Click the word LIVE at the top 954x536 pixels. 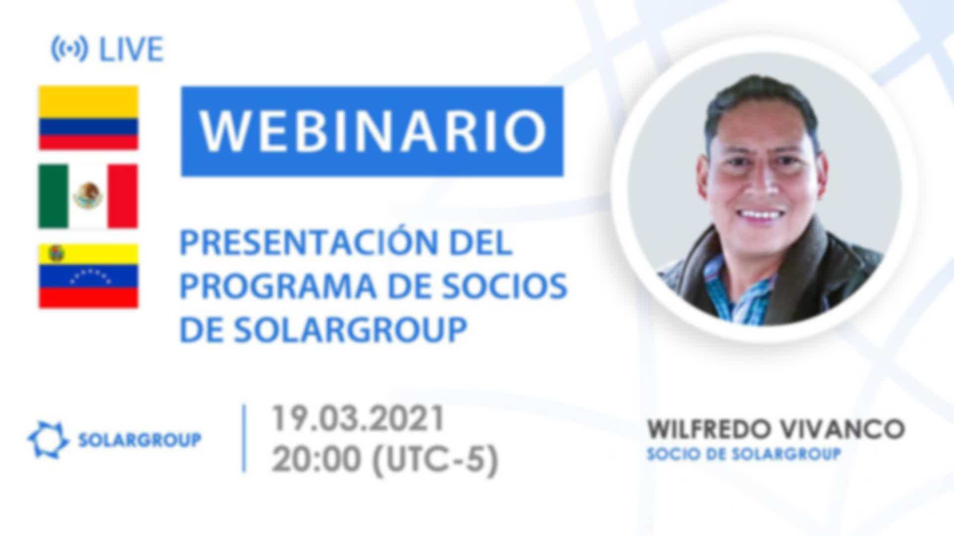click(x=132, y=49)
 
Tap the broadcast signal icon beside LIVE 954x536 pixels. click(x=70, y=49)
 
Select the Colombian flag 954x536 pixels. click(x=88, y=118)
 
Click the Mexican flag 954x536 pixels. click(x=88, y=197)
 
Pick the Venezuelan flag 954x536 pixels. click(x=88, y=275)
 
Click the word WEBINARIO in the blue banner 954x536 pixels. click(x=373, y=131)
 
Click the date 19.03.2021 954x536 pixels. click(x=357, y=419)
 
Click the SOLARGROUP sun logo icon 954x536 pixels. click(x=48, y=440)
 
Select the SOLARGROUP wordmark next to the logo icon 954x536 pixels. click(x=140, y=440)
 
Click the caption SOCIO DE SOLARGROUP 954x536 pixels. click(x=743, y=454)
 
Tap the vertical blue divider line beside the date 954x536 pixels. click(x=244, y=438)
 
